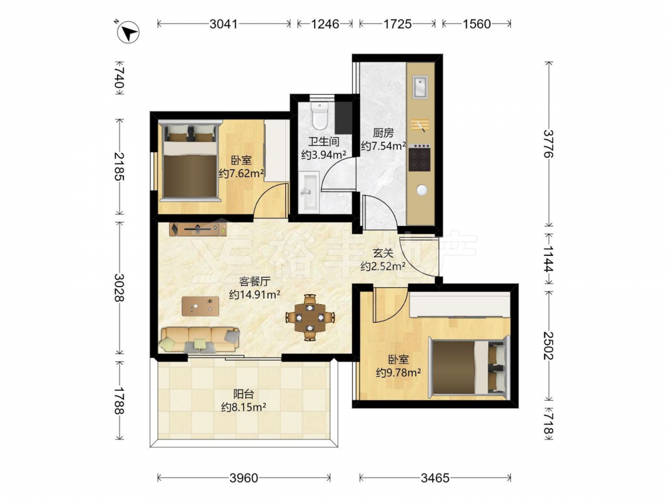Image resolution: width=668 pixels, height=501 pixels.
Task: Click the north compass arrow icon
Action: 128,32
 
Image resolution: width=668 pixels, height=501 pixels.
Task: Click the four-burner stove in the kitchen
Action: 420,158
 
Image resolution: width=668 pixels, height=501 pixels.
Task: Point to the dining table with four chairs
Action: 310,317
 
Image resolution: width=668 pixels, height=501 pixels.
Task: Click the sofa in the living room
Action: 200,339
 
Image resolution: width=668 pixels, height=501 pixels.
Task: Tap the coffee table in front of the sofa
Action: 200,306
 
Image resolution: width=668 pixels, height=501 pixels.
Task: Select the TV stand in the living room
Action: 198,229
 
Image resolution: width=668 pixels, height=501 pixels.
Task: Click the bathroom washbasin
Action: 309,192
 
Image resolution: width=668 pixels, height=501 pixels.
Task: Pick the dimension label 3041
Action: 223,24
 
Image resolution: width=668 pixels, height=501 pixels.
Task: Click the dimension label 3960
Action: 244,478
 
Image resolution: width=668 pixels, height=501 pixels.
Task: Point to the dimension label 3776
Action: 548,144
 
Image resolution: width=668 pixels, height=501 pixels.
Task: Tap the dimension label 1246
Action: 325,24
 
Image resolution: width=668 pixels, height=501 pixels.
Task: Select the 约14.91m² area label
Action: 255,295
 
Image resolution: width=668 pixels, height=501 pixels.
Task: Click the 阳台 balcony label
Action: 244,394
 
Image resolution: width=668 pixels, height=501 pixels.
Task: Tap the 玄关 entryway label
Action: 383,253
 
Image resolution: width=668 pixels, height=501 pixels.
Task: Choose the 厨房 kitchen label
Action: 383,133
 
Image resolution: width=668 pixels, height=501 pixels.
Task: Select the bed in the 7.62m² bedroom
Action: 190,162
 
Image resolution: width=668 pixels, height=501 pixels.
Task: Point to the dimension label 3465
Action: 435,478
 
